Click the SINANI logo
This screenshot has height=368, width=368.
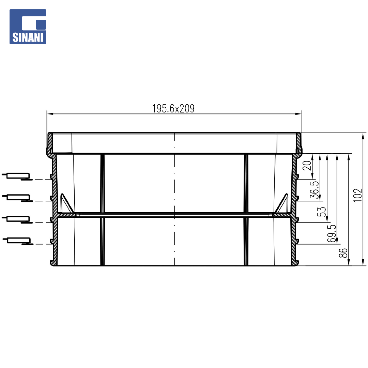click(28, 27)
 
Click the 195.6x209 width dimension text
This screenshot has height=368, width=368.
click(173, 108)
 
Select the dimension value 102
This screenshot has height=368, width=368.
click(358, 195)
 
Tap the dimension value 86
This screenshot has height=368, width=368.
click(343, 253)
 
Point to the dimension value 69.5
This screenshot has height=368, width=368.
click(332, 233)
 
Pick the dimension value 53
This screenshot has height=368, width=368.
click(322, 212)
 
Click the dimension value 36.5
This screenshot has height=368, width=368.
click(314, 190)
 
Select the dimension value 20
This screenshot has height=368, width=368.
click(307, 166)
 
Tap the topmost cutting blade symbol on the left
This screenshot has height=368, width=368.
click(17, 177)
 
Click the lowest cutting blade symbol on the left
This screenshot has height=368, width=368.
click(18, 241)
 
